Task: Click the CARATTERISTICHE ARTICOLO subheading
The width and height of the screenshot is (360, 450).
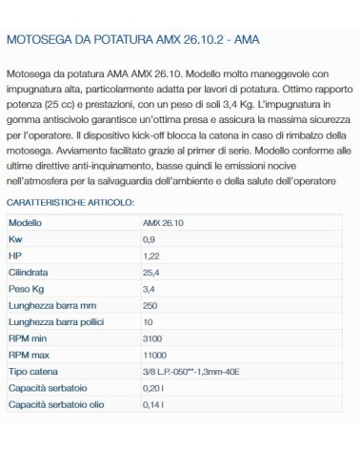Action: click(x=70, y=203)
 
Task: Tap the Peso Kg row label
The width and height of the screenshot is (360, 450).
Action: click(x=27, y=289)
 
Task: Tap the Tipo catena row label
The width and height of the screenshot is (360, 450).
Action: click(x=32, y=374)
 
